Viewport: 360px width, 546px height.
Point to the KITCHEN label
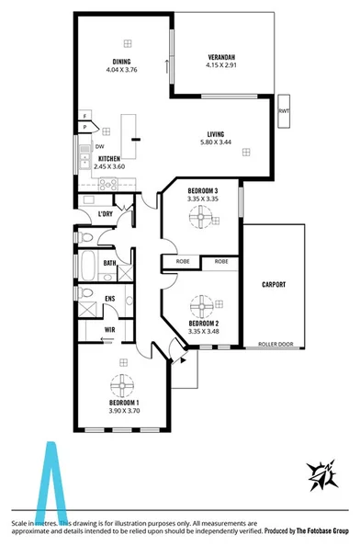109,158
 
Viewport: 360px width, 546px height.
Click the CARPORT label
276,285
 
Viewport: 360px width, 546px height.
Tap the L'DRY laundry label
106,214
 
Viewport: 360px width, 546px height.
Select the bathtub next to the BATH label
86,267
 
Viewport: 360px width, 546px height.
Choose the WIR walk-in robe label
109,328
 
